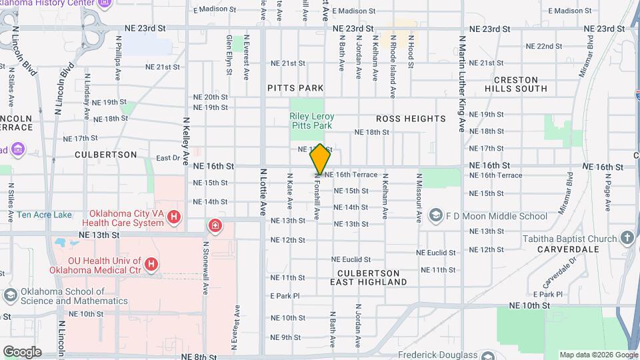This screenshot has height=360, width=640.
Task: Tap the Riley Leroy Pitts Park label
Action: coord(311,121)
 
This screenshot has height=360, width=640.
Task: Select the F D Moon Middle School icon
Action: coord(436,216)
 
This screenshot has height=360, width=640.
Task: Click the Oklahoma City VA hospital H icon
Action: coord(174,217)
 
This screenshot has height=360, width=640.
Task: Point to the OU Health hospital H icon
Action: coord(151,265)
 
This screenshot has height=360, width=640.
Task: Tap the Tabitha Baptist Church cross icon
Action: coord(627,238)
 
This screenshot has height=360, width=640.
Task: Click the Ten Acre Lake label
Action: coord(44,215)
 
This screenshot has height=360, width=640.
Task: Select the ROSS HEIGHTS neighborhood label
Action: coord(411,119)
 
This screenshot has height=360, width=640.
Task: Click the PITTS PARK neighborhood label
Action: coord(295,88)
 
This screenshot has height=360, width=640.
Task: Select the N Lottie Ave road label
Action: coord(263,192)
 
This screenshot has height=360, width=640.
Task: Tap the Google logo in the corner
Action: coord(22,351)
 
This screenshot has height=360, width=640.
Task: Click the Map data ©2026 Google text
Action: coord(598,355)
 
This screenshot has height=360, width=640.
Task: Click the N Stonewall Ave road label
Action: coord(206,261)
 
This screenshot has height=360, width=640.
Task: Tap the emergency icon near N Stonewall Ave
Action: coord(215,225)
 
